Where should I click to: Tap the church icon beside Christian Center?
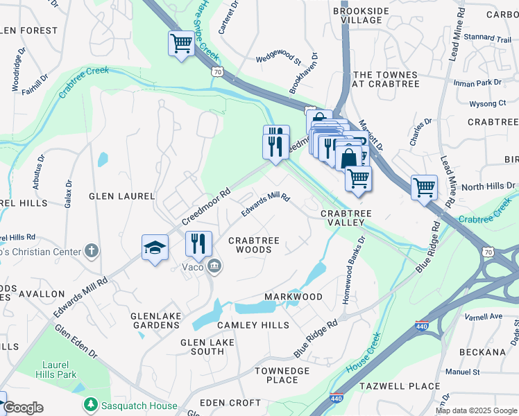tap(92, 251)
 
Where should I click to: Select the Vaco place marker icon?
tap(215, 265)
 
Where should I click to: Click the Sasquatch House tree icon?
tap(90, 404)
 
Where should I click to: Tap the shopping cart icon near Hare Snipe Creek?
tap(181, 44)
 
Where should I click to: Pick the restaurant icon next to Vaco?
tap(198, 244)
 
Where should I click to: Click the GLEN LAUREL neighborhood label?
tap(121, 196)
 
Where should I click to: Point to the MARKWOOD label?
tap(293, 297)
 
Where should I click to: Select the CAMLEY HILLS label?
tap(253, 325)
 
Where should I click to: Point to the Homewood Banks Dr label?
tap(351, 268)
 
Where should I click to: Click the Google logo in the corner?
tap(23, 408)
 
